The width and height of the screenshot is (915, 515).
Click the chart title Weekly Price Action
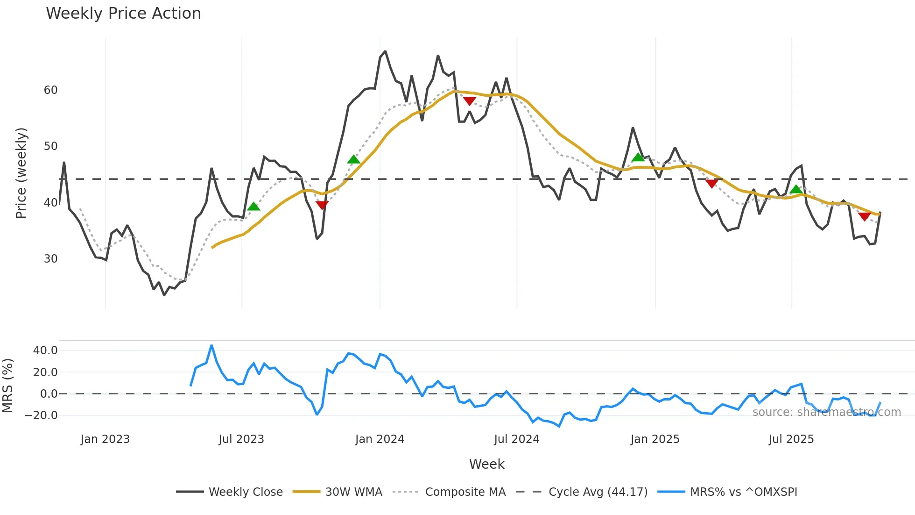(123, 14)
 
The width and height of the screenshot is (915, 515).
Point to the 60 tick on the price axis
(50, 90)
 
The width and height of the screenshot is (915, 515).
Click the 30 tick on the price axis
(50, 259)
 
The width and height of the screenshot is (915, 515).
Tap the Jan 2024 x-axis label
(380, 439)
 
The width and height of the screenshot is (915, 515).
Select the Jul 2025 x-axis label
(791, 439)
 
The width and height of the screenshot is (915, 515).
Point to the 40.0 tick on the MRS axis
(45, 350)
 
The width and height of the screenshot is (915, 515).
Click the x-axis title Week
(486, 464)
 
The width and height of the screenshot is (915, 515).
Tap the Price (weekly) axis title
(21, 173)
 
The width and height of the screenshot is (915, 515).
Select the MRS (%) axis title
(8, 386)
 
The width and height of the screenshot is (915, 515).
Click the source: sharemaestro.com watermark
(826, 412)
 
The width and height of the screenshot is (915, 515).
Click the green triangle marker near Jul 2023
(253, 207)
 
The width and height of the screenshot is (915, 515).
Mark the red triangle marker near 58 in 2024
(469, 101)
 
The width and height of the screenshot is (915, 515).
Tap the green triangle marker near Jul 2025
(796, 189)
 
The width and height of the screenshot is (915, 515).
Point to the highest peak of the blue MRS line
(211, 346)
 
